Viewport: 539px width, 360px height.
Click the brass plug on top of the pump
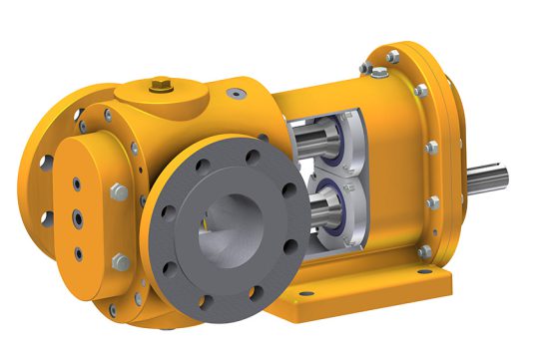coord(157,87)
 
